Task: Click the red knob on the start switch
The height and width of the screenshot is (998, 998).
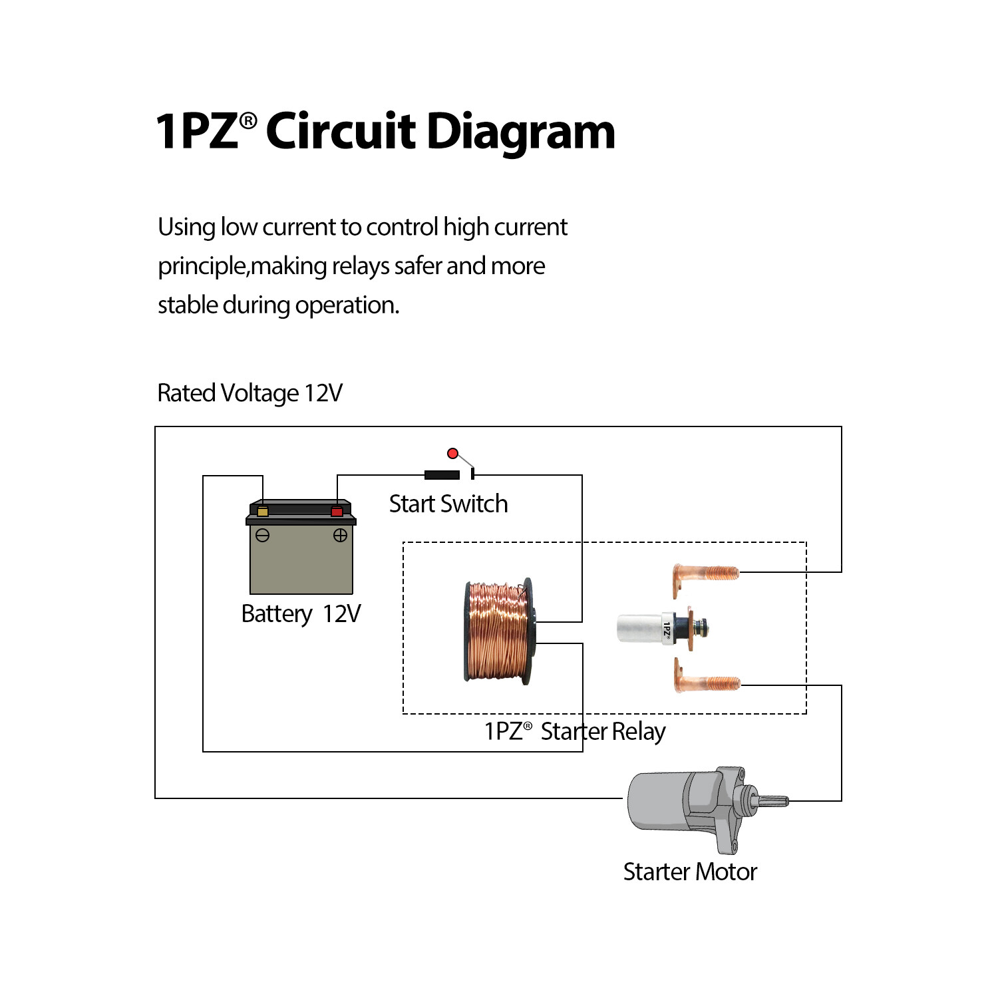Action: click(x=452, y=454)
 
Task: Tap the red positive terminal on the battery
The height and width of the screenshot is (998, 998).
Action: click(x=337, y=512)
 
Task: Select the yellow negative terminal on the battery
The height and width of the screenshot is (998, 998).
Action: click(x=263, y=512)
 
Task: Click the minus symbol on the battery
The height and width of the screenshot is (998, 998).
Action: click(x=263, y=536)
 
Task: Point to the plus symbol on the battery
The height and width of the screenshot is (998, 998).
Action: click(x=340, y=536)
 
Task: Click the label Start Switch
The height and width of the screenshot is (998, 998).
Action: click(x=448, y=504)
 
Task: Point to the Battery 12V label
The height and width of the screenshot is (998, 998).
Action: click(x=301, y=613)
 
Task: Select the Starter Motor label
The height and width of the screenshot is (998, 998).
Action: click(x=690, y=872)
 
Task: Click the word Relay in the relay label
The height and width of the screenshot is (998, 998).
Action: click(x=639, y=731)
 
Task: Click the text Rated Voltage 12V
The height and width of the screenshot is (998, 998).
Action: click(x=249, y=393)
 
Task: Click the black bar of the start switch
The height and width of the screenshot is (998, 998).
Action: click(x=442, y=474)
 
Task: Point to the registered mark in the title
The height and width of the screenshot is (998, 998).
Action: click(x=248, y=120)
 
